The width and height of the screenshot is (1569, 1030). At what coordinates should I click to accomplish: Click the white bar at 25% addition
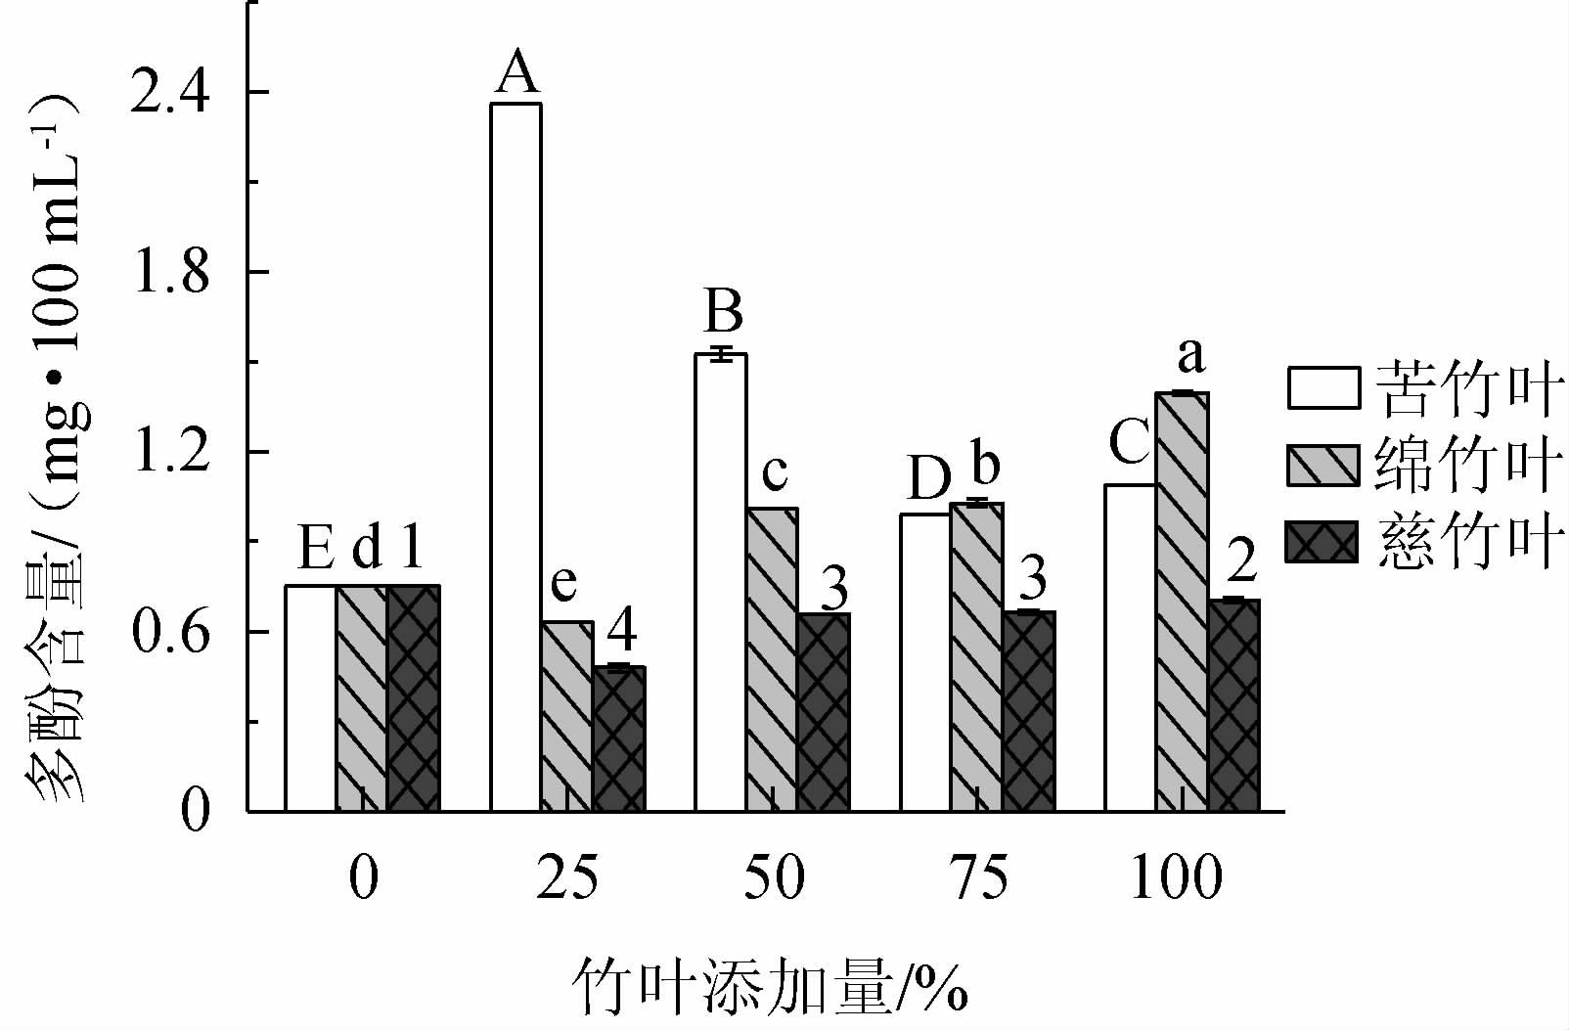click(x=516, y=457)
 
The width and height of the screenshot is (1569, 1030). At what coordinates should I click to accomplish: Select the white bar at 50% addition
click(x=721, y=582)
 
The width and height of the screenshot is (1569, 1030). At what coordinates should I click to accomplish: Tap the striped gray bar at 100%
click(x=1183, y=602)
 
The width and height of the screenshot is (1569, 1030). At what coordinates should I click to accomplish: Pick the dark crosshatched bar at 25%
click(x=618, y=739)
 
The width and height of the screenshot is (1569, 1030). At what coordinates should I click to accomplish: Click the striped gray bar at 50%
click(x=772, y=659)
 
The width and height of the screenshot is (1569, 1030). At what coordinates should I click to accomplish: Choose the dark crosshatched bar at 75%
click(x=1029, y=711)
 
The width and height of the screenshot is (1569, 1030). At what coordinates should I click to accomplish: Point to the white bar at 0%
click(x=310, y=698)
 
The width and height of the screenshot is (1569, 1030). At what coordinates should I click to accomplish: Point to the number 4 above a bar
click(x=622, y=633)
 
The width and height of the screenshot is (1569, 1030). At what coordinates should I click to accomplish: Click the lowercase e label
click(x=563, y=584)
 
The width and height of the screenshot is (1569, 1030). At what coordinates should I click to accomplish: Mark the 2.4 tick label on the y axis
click(x=172, y=93)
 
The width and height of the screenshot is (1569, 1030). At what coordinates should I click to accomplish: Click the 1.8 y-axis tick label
click(x=172, y=273)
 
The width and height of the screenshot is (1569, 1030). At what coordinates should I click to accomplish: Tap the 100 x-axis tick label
click(x=1176, y=877)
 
